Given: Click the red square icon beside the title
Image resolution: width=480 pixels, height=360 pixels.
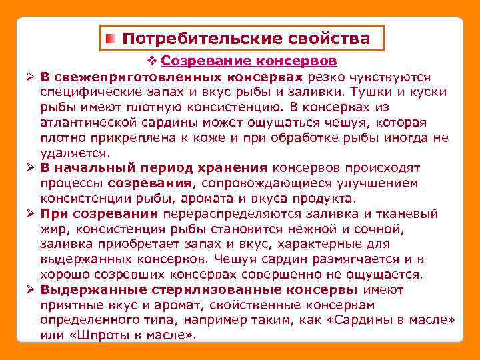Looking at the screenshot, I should coord(111,39).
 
